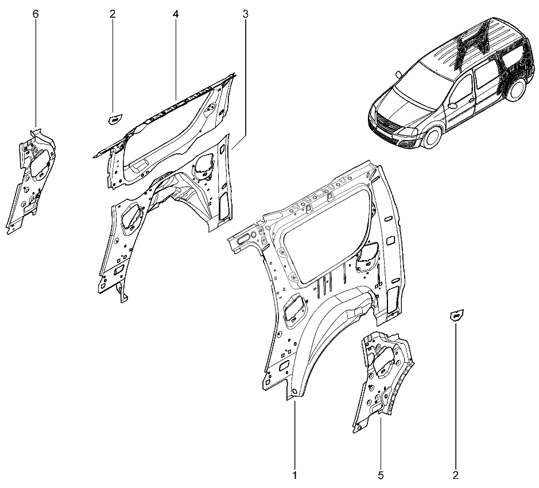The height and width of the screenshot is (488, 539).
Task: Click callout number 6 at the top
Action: tap(36, 14)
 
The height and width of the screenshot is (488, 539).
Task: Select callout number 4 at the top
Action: tap(176, 14)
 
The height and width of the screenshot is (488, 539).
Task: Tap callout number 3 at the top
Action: tap(245, 14)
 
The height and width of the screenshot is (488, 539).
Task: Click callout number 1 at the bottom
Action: tap(294, 475)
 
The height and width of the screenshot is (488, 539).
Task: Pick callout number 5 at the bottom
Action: tap(381, 475)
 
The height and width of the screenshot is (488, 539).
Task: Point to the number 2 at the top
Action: tap(113, 14)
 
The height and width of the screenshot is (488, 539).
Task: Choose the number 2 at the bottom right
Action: tap(455, 475)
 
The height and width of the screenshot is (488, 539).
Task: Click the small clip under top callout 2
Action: tap(115, 120)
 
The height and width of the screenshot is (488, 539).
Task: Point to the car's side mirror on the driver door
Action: tap(452, 105)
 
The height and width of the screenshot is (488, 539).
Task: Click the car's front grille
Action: tap(387, 123)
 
